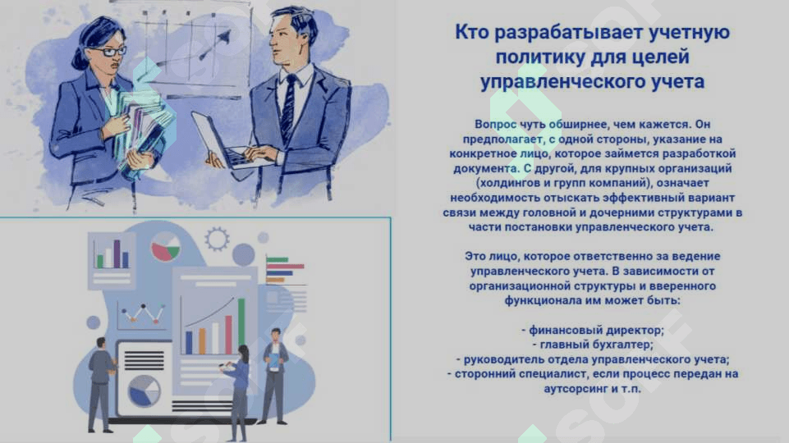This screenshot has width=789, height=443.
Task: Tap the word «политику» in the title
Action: pyautogui.click(x=539, y=57)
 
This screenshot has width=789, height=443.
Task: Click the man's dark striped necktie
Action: pyautogui.click(x=288, y=107)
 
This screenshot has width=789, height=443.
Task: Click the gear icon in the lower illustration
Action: pyautogui.click(x=218, y=239)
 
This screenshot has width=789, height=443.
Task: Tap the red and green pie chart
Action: pyautogui.click(x=166, y=247)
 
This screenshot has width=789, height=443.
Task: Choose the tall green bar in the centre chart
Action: pyautogui.click(x=241, y=326)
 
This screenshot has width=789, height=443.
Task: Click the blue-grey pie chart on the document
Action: pyautogui.click(x=144, y=390)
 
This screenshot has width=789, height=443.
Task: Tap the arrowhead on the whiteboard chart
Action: pyautogui.click(x=223, y=36)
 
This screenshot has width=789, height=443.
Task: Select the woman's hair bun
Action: pyautogui.click(x=80, y=61)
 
